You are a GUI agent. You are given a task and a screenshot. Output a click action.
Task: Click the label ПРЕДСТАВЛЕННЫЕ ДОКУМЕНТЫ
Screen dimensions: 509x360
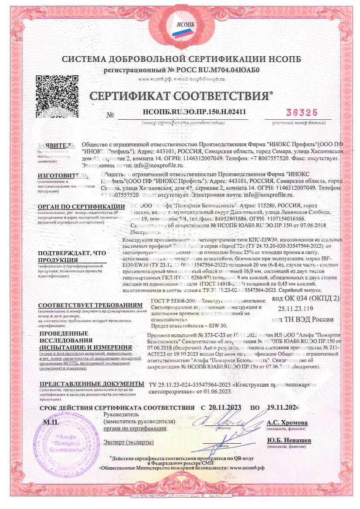point(92,384)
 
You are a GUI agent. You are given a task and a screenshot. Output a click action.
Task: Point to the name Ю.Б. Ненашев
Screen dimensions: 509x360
point(289,441)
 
